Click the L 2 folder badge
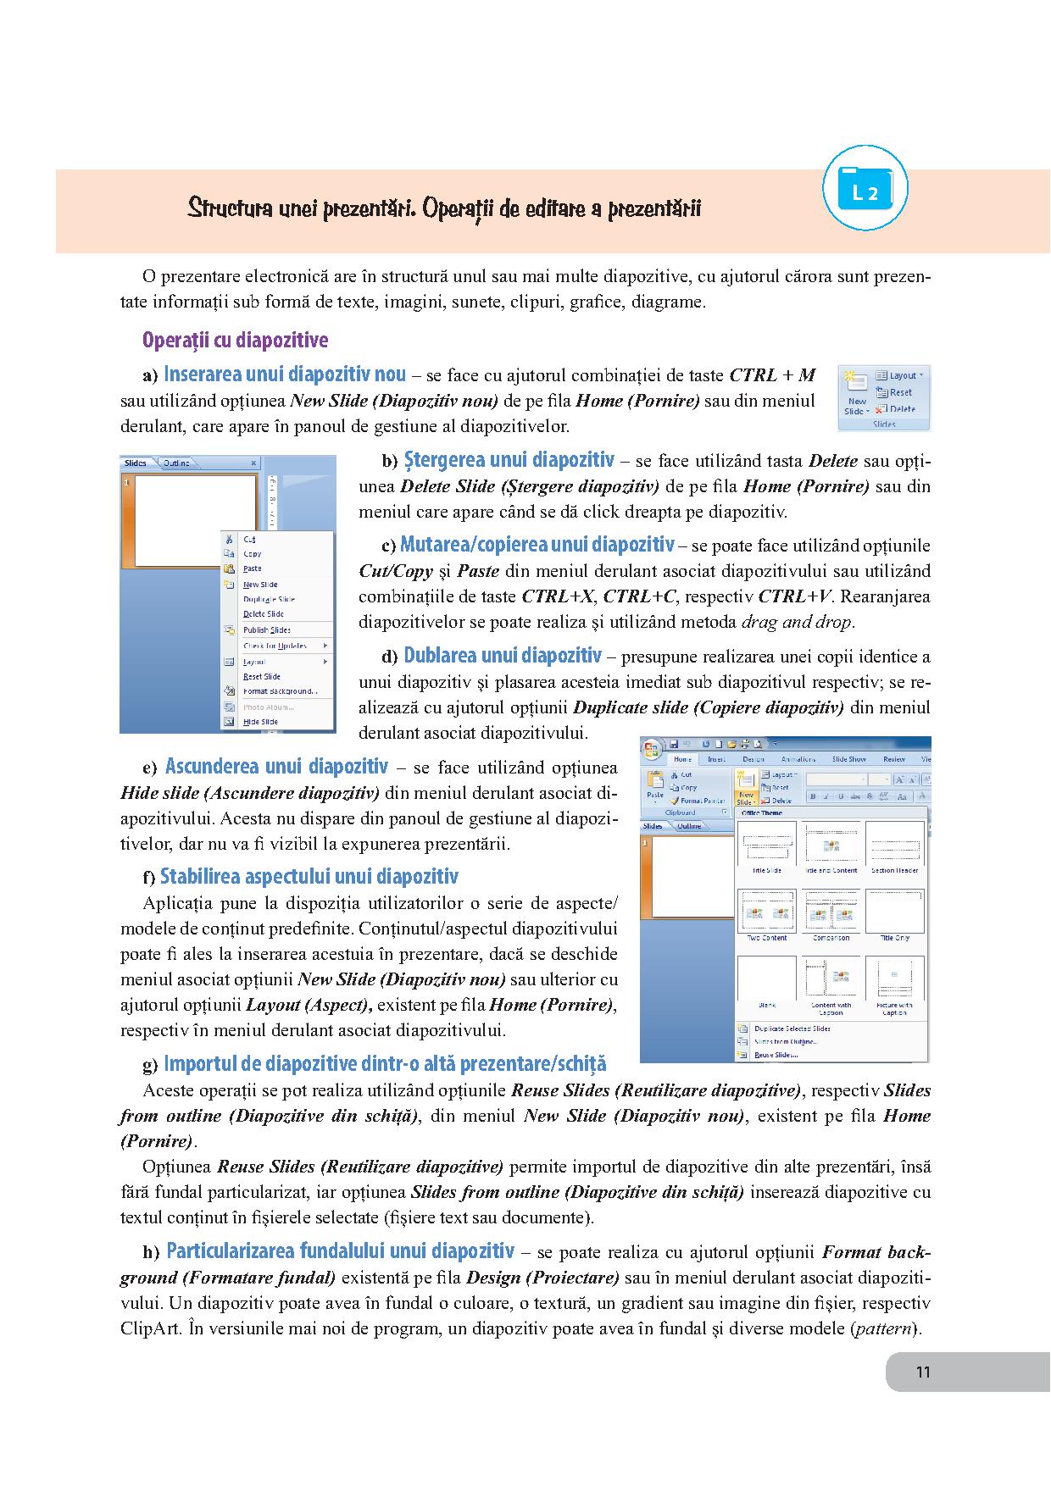865,190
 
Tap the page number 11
923,1372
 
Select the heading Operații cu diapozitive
235,341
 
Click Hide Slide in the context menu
259,722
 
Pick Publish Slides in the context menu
266,630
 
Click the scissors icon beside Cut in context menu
228,538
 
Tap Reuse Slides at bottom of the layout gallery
775,1056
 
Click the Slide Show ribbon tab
848,759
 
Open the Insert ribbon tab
716,759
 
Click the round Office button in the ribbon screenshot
651,750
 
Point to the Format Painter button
700,801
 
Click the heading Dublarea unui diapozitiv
502,655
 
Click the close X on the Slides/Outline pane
253,463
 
